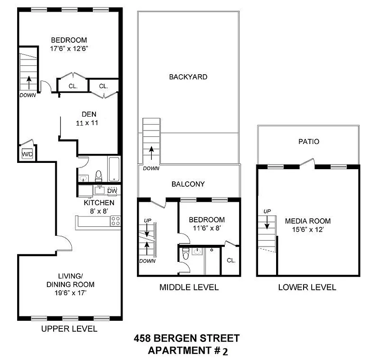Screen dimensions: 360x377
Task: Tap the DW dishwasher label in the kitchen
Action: [112, 191]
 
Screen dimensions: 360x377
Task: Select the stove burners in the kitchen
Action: [115, 221]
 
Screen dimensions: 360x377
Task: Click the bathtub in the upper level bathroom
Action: [113, 169]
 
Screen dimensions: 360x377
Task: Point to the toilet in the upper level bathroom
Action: [98, 175]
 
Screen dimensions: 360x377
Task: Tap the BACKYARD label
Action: [188, 77]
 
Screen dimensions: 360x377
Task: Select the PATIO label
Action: [309, 141]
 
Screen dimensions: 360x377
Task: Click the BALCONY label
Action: [188, 184]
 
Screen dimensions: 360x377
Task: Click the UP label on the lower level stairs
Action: [267, 211]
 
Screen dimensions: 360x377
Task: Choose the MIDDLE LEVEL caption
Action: [189, 287]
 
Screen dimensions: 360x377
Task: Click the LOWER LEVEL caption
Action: [307, 287]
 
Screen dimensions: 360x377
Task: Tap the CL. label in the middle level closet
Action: [231, 260]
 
